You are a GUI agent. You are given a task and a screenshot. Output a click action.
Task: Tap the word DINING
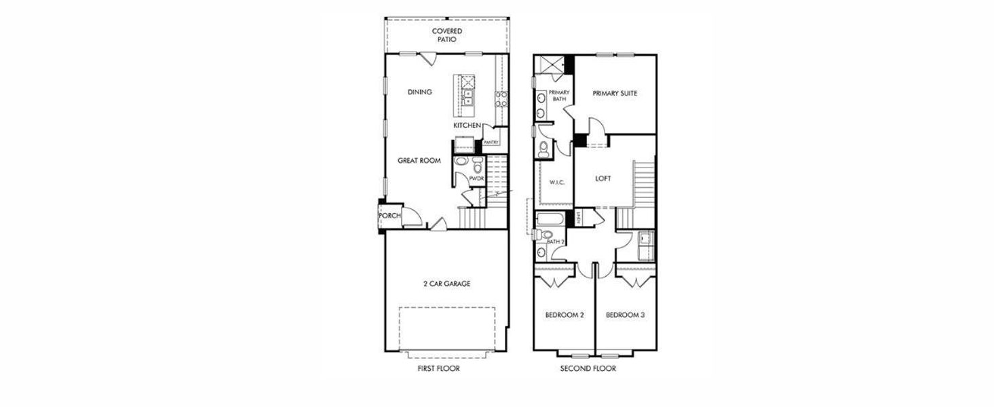[x=420, y=92]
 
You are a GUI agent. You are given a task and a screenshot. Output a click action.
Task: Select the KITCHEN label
[x=467, y=125]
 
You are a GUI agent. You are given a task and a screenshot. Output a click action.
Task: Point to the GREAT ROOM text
[x=419, y=161]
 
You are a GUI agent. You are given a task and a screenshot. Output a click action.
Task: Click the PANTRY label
[x=491, y=142]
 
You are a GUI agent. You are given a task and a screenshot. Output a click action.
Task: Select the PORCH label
[x=389, y=216]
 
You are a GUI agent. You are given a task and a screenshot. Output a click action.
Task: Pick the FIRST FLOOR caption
[x=438, y=369]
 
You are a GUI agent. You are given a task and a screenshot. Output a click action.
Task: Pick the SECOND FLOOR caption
[x=588, y=369]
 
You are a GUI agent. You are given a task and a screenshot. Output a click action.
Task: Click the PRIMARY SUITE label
[x=614, y=94]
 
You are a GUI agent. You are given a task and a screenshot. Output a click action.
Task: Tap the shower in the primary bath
[x=548, y=64]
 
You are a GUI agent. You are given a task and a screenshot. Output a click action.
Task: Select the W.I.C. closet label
[x=556, y=182]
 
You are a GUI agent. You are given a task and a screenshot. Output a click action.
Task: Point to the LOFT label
[x=603, y=179]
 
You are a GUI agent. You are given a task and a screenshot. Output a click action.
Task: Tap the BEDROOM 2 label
[x=565, y=315]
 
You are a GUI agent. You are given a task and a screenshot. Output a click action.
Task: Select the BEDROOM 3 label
[x=625, y=315]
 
